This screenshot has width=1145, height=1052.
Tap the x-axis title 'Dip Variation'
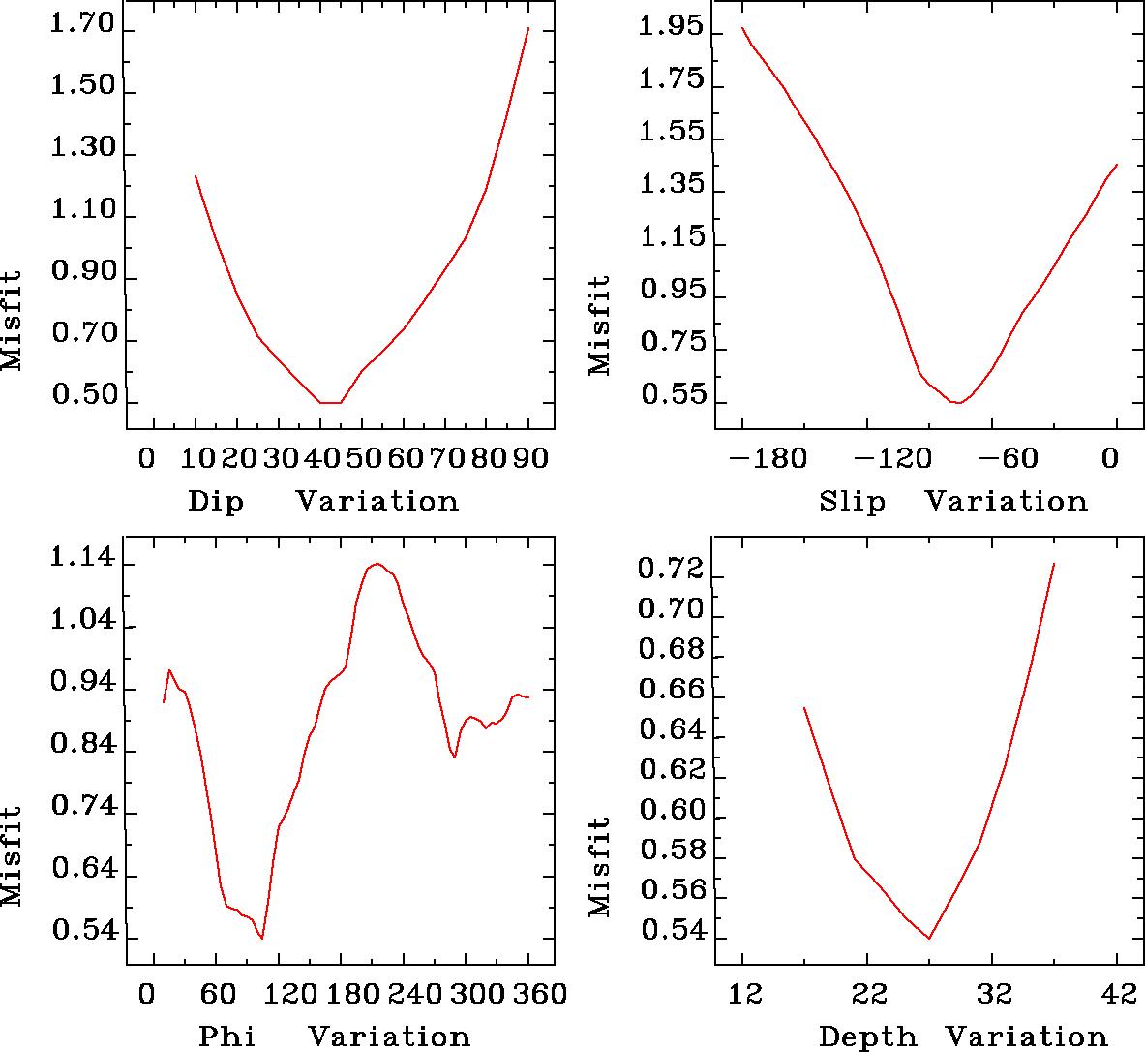(322, 501)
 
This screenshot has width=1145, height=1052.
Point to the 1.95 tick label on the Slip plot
(672, 27)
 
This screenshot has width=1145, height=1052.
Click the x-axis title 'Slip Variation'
(952, 501)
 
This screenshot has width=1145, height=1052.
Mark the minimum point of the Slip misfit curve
(956, 402)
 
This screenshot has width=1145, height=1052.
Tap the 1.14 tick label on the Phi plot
(82, 560)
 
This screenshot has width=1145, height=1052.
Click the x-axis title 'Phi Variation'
(334, 1037)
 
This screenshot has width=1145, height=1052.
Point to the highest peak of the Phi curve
(377, 563)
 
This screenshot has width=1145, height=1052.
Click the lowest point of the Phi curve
(261, 938)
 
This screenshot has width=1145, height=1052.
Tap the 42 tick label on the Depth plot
(1116, 994)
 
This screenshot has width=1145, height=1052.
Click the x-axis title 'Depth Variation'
(962, 1037)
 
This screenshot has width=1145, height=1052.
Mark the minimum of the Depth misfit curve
(929, 938)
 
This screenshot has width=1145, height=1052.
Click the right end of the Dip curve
(527, 28)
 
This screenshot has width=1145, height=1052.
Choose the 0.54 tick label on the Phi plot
(82, 933)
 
